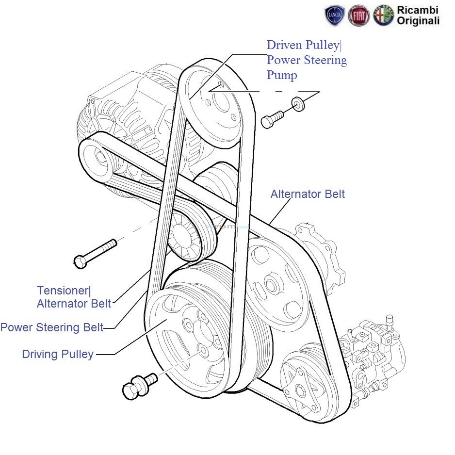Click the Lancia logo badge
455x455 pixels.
[x=335, y=16]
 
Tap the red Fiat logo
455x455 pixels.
[x=358, y=16]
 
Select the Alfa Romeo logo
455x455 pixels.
[x=383, y=16]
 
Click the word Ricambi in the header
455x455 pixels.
[x=418, y=10]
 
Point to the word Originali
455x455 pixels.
[x=418, y=20]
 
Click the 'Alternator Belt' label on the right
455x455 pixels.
[x=308, y=194]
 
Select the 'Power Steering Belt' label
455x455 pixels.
[x=52, y=327]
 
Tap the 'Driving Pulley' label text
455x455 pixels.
[x=58, y=354]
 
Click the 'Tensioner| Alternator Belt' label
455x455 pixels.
[x=74, y=297]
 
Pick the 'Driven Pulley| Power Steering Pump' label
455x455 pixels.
[x=307, y=60]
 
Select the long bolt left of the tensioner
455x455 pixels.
[x=95, y=253]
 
